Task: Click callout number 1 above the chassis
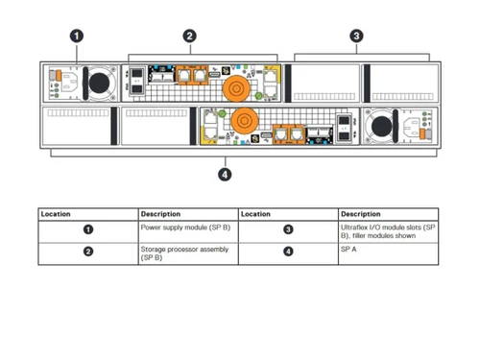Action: click(x=77, y=36)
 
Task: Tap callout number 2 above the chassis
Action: click(x=190, y=36)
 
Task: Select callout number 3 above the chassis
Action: click(x=356, y=36)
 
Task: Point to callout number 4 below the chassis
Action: click(x=225, y=174)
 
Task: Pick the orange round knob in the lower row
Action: click(x=241, y=122)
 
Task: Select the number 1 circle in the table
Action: click(x=88, y=229)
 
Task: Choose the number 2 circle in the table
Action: click(x=88, y=252)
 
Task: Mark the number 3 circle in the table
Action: click(x=288, y=229)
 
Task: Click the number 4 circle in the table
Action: click(x=288, y=252)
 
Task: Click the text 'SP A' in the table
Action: click(x=348, y=249)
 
